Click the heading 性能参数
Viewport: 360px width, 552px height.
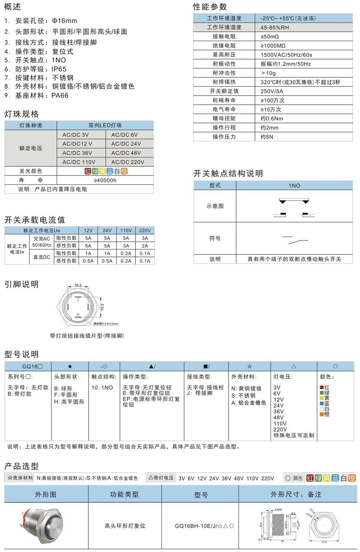209,7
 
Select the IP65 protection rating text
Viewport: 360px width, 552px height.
59,69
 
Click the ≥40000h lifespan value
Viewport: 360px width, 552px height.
105,180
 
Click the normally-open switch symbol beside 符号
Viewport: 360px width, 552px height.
295,239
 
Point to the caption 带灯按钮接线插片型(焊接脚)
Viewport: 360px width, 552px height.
87,336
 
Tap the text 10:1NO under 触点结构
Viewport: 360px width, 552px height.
103,388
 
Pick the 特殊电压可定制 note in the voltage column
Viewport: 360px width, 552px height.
294,435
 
